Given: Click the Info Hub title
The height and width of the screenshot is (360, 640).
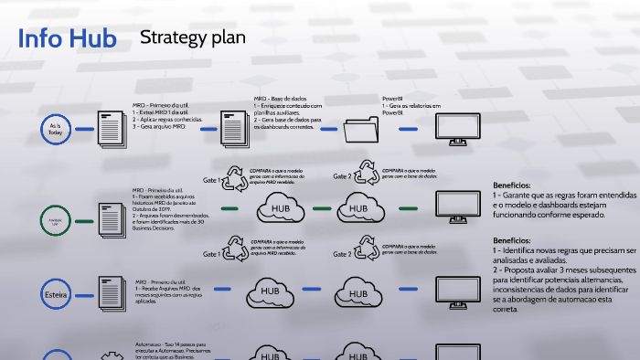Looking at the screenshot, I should pos(67,39).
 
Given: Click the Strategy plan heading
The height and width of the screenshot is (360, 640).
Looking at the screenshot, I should pos(193,37).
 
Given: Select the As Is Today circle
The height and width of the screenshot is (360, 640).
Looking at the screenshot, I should pos(55,130).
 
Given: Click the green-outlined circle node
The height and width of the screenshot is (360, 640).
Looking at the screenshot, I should pos(55,219).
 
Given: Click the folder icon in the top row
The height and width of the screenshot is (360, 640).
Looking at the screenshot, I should pos(364,131).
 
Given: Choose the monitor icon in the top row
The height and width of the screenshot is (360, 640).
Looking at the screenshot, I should pos(455,129).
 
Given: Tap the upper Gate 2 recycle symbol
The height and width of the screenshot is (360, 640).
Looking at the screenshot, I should pos(368,175).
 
